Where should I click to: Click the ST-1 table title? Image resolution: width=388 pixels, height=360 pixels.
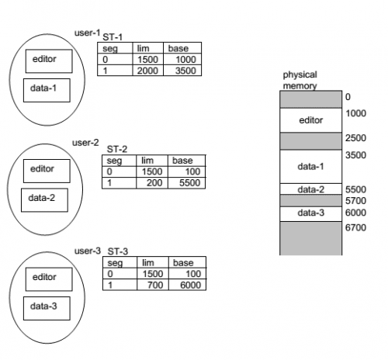click(114, 36)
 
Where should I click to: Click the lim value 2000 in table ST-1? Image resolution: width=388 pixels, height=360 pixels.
click(147, 70)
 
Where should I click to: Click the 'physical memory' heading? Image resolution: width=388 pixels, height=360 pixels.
click(300, 80)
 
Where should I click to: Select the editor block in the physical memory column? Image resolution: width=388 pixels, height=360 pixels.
click(310, 120)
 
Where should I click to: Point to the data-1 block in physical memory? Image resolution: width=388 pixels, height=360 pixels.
click(310, 166)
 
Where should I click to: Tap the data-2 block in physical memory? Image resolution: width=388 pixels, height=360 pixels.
click(310, 189)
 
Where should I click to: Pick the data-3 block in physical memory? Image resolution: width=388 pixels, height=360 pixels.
click(310, 213)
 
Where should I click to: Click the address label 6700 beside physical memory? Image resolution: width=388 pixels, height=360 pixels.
click(355, 227)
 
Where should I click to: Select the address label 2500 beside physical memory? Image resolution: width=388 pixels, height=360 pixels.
click(355, 137)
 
